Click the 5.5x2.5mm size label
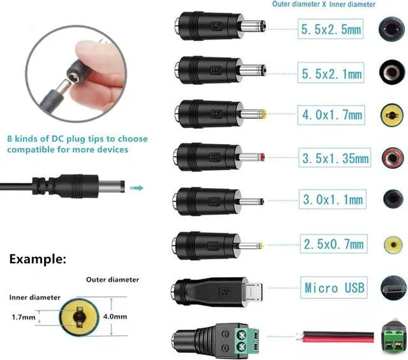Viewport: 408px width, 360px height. pyautogui.click(x=330, y=29)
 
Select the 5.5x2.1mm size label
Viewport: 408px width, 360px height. pyautogui.click(x=331, y=73)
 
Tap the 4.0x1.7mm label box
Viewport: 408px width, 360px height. pyautogui.click(x=331, y=115)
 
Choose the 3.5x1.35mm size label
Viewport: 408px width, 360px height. pyautogui.click(x=335, y=157)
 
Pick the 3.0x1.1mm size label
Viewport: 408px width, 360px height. pyautogui.click(x=333, y=199)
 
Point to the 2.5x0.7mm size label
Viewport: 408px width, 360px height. pyautogui.click(x=333, y=244)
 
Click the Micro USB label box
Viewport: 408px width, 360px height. pyautogui.click(x=334, y=288)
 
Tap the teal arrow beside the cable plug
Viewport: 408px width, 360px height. pyautogui.click(x=136, y=188)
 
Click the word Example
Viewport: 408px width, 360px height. pyautogui.click(x=38, y=259)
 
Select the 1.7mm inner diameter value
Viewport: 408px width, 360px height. pyautogui.click(x=24, y=317)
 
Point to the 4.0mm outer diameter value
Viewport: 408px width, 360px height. pyautogui.click(x=115, y=317)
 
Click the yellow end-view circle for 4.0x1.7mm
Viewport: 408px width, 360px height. pyautogui.click(x=392, y=115)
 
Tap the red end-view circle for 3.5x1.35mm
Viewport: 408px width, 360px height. pyautogui.click(x=393, y=157)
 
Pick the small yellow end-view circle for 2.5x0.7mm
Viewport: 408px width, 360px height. pyautogui.click(x=393, y=245)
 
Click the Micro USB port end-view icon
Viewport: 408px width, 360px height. pyautogui.click(x=393, y=288)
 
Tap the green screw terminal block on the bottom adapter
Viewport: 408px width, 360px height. pyautogui.click(x=247, y=340)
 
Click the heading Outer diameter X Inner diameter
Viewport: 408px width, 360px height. pyautogui.click(x=324, y=4)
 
